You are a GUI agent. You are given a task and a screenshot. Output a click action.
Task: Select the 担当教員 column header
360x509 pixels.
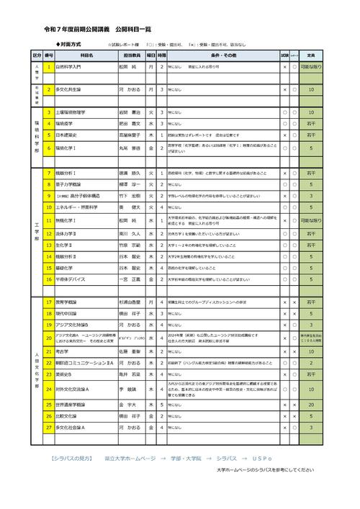tap(131, 55)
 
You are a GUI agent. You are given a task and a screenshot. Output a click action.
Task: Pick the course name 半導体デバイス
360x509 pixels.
tap(71, 279)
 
